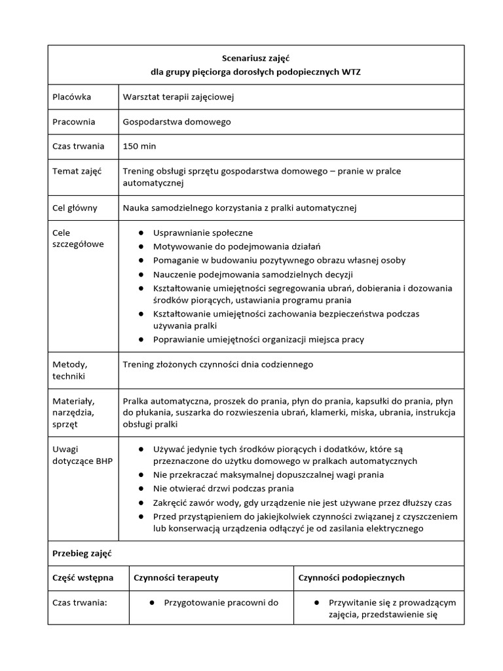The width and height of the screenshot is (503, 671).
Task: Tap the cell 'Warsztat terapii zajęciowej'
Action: [178, 97]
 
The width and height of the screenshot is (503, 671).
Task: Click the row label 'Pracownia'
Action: [73, 121]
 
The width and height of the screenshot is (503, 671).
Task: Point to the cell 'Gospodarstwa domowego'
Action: [177, 121]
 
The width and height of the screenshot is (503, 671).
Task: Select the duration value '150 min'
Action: [139, 145]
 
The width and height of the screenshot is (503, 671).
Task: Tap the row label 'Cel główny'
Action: [75, 208]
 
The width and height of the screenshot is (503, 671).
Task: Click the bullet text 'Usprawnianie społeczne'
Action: [202, 233]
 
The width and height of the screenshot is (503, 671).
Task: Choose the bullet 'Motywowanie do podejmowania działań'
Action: [236, 246]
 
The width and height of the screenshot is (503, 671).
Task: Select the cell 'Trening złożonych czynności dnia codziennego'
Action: [218, 364]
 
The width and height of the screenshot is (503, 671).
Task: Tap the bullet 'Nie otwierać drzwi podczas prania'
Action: [223, 488]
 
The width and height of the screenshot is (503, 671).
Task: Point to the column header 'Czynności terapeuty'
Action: [176, 577]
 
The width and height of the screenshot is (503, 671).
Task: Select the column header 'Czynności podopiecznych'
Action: [351, 577]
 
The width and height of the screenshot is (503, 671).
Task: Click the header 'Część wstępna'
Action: [83, 577]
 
